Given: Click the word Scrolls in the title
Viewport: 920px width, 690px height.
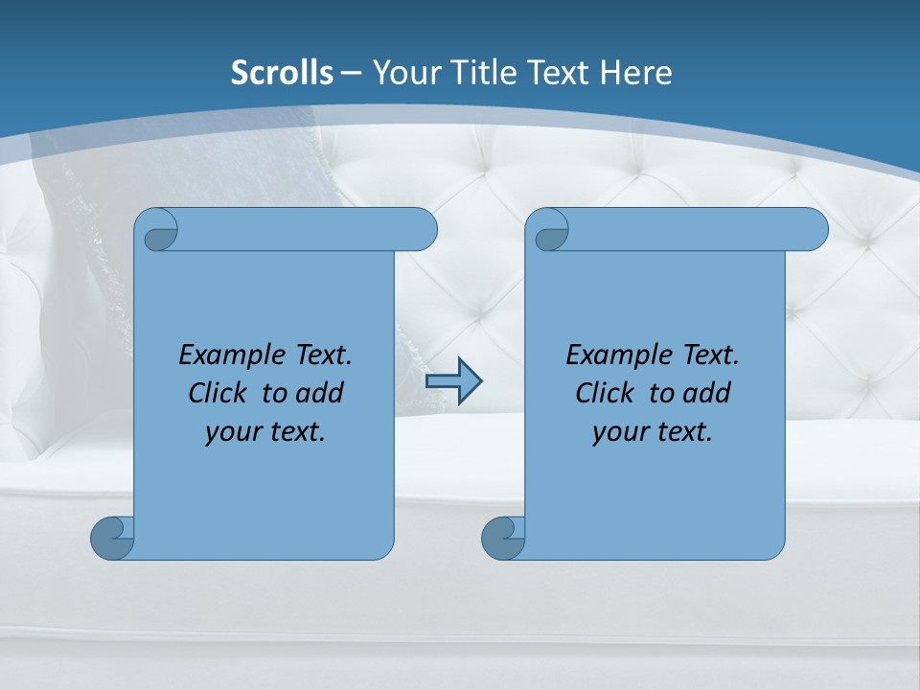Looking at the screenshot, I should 282,73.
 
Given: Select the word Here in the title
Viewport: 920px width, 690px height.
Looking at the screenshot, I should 636,73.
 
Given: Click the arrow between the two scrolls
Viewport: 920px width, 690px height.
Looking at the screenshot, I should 453,380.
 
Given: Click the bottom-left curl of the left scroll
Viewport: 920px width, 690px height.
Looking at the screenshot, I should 113,537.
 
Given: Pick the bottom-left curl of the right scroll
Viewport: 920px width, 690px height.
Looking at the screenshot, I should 504,537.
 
